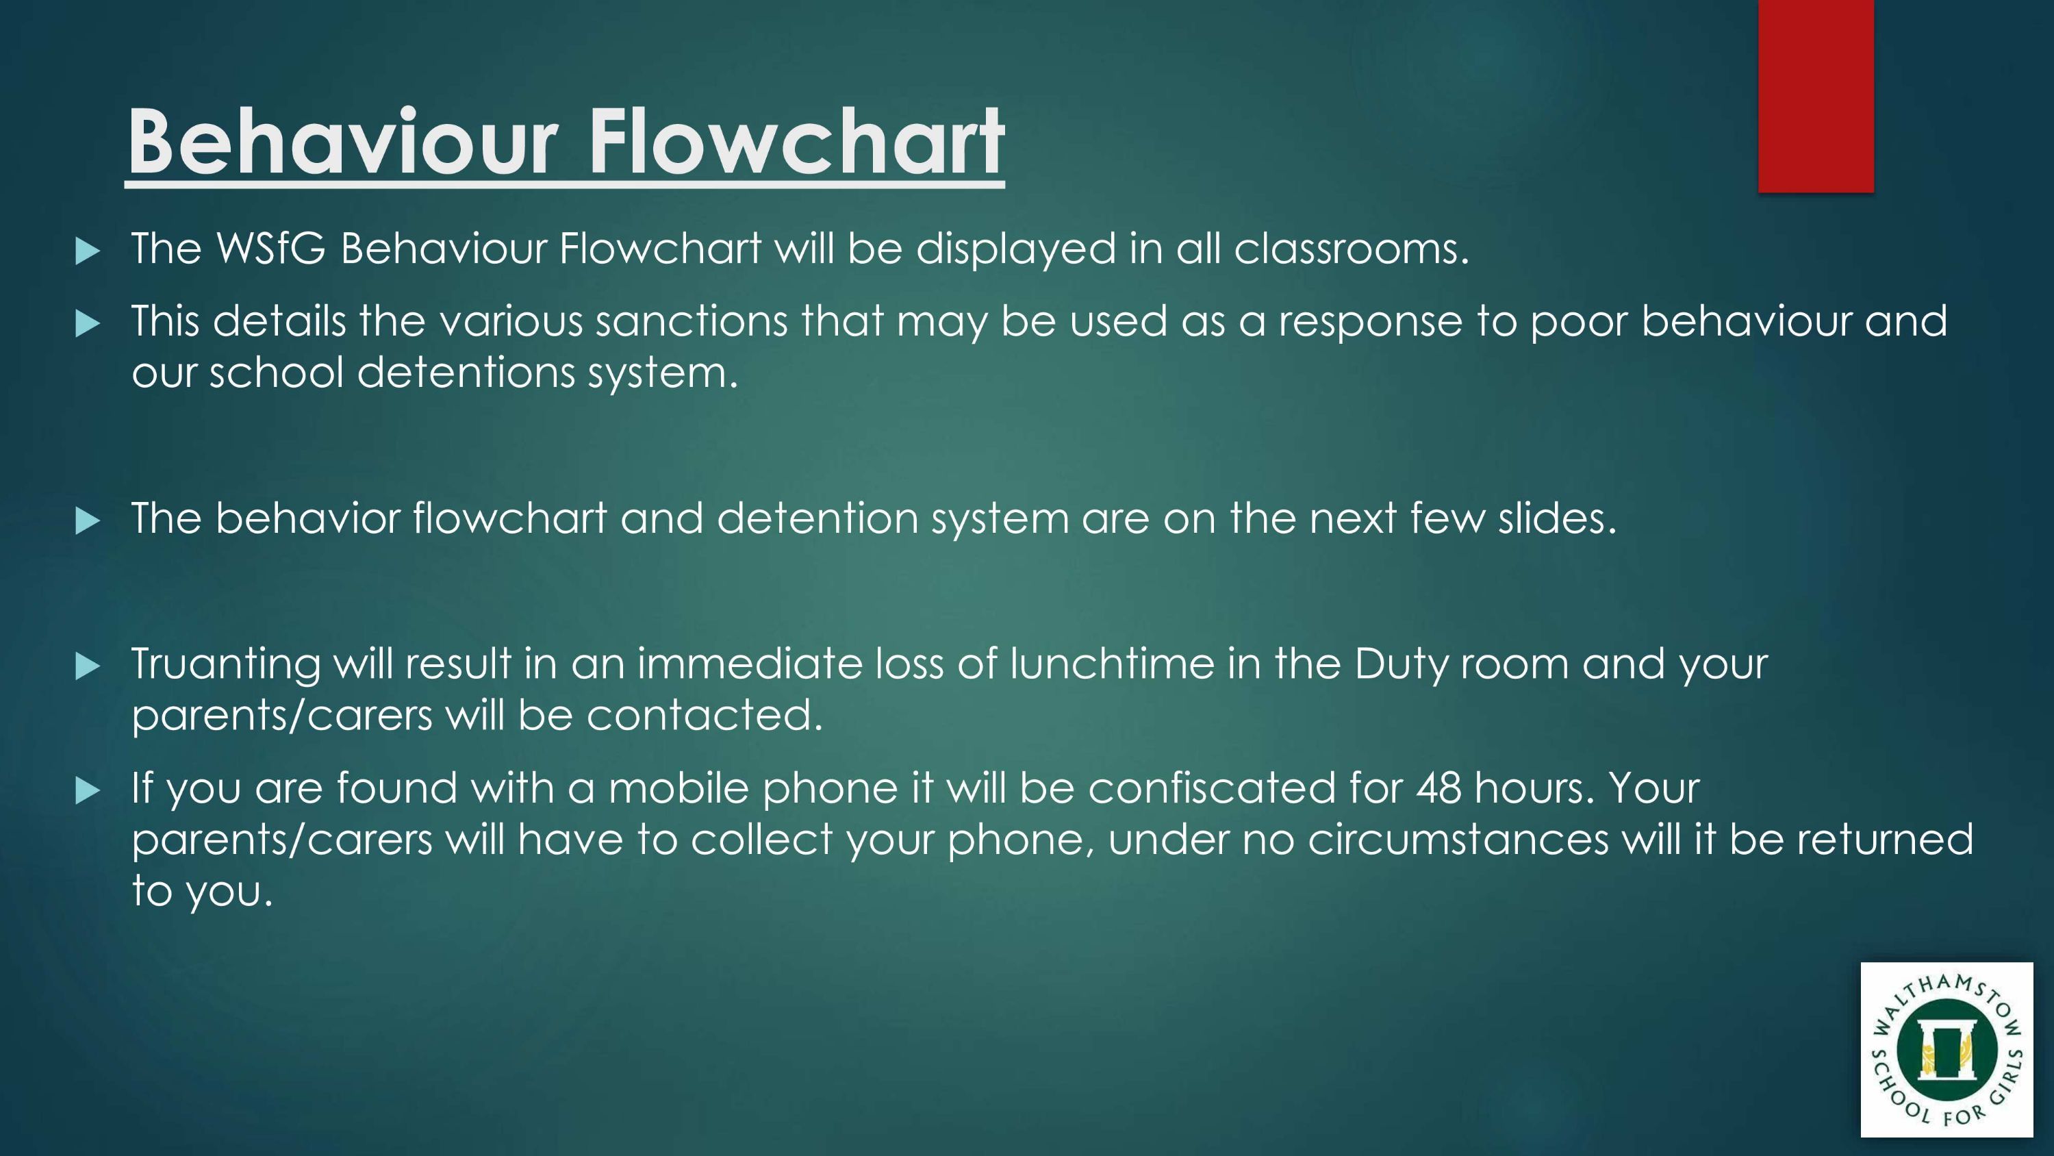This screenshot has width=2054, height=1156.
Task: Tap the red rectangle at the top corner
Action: [x=1816, y=96]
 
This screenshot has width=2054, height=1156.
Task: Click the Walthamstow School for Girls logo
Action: [x=1947, y=1049]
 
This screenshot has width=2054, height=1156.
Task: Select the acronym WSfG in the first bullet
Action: [x=271, y=248]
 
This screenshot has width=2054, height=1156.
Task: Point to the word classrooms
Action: [x=1351, y=248]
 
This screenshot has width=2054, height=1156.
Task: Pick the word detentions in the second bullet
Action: [x=466, y=373]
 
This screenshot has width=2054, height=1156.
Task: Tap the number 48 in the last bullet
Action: [x=1439, y=788]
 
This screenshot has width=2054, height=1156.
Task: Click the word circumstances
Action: [x=1458, y=840]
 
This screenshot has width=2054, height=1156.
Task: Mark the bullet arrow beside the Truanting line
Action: [x=87, y=666]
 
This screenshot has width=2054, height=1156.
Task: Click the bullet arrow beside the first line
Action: [x=87, y=251]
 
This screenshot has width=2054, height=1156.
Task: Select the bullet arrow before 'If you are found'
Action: [x=87, y=790]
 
